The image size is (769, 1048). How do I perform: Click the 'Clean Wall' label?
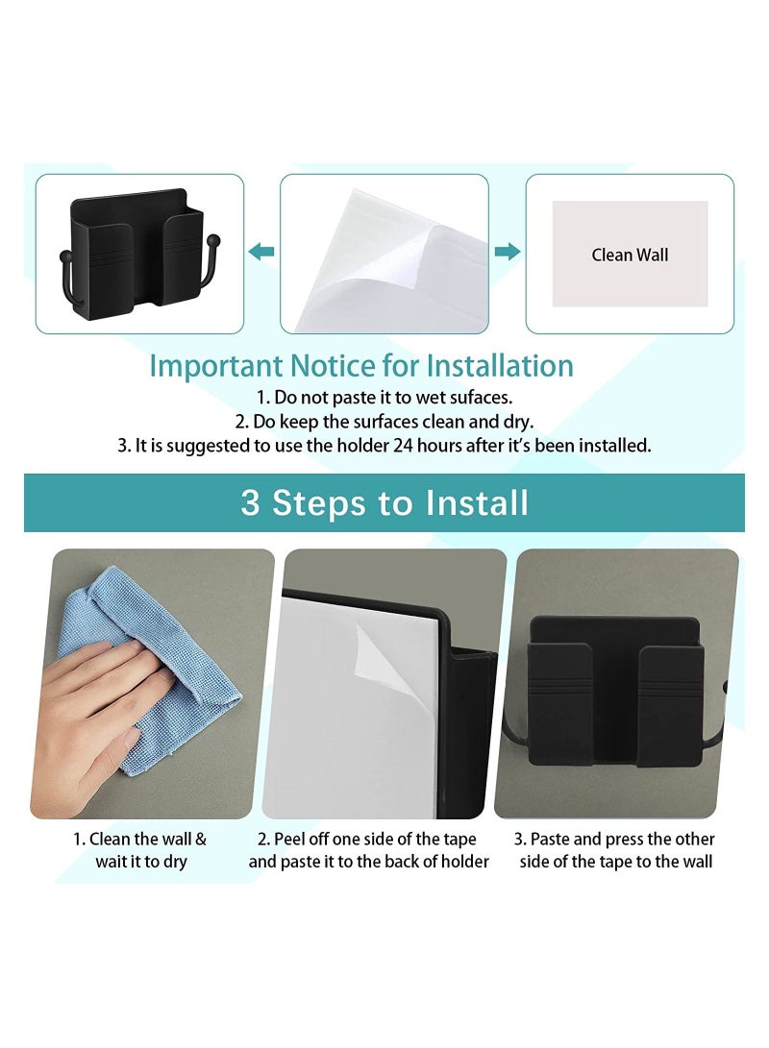click(x=630, y=255)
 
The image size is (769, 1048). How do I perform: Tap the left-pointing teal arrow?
click(x=260, y=252)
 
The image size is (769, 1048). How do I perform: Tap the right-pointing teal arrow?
click(x=508, y=252)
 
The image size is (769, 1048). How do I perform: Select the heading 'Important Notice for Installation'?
click(x=361, y=366)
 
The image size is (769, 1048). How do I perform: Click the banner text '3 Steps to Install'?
click(x=384, y=502)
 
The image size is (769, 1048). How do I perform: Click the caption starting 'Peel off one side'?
click(x=369, y=850)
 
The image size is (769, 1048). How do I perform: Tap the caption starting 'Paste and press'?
click(x=616, y=850)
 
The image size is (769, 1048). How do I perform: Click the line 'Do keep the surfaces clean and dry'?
click(x=384, y=421)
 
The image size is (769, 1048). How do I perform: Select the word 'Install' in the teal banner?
click(x=476, y=502)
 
